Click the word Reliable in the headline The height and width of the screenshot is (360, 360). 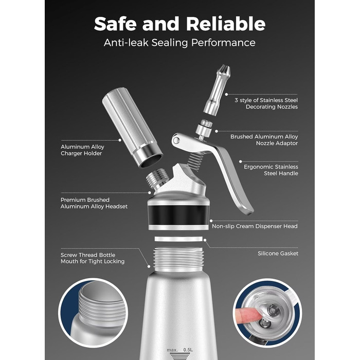tap(225, 24)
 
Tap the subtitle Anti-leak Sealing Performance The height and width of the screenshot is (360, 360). tap(179, 43)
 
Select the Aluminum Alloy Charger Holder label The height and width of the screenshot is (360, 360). tap(82, 150)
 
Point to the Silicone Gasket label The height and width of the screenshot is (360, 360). tap(278, 254)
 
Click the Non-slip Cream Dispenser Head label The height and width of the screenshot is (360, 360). tap(255, 226)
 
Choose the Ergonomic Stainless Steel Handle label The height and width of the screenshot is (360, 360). tap(271, 170)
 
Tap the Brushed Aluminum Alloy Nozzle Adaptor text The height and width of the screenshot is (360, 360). tap(264, 140)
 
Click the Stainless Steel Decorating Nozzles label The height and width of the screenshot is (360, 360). tap(266, 103)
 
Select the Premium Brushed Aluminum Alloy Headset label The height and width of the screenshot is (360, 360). tap(94, 203)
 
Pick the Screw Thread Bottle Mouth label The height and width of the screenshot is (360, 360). tap(93, 258)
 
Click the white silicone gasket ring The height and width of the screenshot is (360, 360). tap(178, 239)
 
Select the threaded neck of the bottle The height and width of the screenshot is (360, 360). tap(178, 259)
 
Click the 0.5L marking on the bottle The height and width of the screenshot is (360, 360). tap(188, 350)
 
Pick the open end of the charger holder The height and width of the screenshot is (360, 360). tap(151, 160)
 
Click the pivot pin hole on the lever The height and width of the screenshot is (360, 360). tap(176, 140)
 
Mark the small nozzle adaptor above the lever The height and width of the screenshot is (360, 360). tap(204, 129)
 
